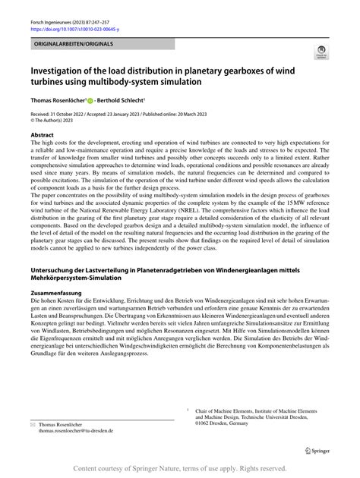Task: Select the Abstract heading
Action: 43,134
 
